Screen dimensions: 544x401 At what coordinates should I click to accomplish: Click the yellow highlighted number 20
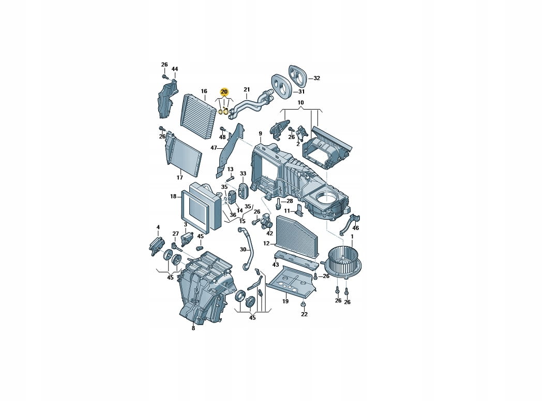click(x=224, y=92)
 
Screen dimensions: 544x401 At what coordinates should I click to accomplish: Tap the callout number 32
click(x=316, y=79)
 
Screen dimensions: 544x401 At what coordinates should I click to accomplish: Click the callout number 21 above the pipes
click(x=247, y=89)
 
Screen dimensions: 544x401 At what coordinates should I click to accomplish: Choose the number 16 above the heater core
click(x=204, y=91)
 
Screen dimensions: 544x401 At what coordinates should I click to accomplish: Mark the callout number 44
click(x=174, y=69)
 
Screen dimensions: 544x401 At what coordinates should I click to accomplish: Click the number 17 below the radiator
click(x=179, y=177)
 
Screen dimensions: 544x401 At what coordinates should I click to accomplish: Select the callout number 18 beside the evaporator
click(x=173, y=196)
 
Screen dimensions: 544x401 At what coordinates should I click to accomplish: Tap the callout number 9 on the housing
click(x=260, y=134)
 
